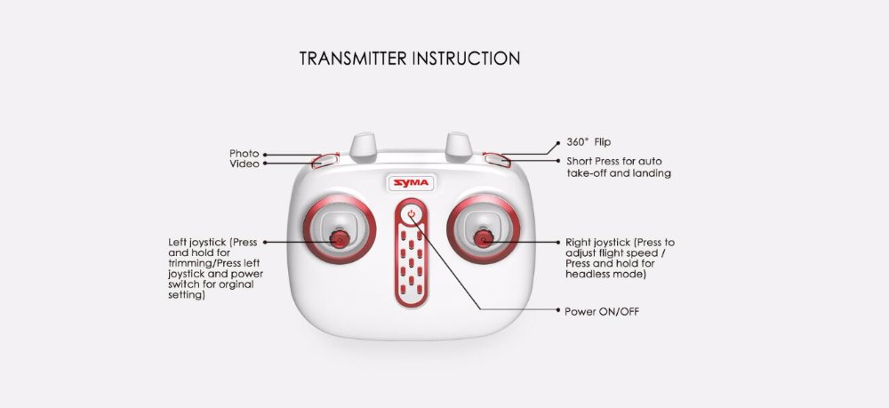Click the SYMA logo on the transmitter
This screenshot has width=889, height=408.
click(411, 183)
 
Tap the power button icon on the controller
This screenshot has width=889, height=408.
click(412, 214)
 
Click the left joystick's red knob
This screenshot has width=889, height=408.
click(339, 240)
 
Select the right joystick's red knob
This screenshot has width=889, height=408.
click(484, 239)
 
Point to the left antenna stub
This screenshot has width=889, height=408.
click(364, 147)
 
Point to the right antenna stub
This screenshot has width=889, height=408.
click(459, 147)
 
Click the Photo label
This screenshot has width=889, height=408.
click(244, 154)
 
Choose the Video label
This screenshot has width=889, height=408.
click(244, 164)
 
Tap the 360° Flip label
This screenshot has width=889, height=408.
click(589, 142)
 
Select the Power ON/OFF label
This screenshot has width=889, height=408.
click(602, 312)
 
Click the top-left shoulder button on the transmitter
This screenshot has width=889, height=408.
click(324, 161)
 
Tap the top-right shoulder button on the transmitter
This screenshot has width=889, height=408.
click(497, 159)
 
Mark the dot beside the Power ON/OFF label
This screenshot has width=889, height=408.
click(558, 310)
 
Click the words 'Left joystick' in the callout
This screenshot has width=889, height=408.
click(196, 243)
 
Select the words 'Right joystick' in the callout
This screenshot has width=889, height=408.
click(597, 243)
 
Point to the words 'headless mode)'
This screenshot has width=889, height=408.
click(605, 275)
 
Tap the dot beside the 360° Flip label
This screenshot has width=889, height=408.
click(558, 141)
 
